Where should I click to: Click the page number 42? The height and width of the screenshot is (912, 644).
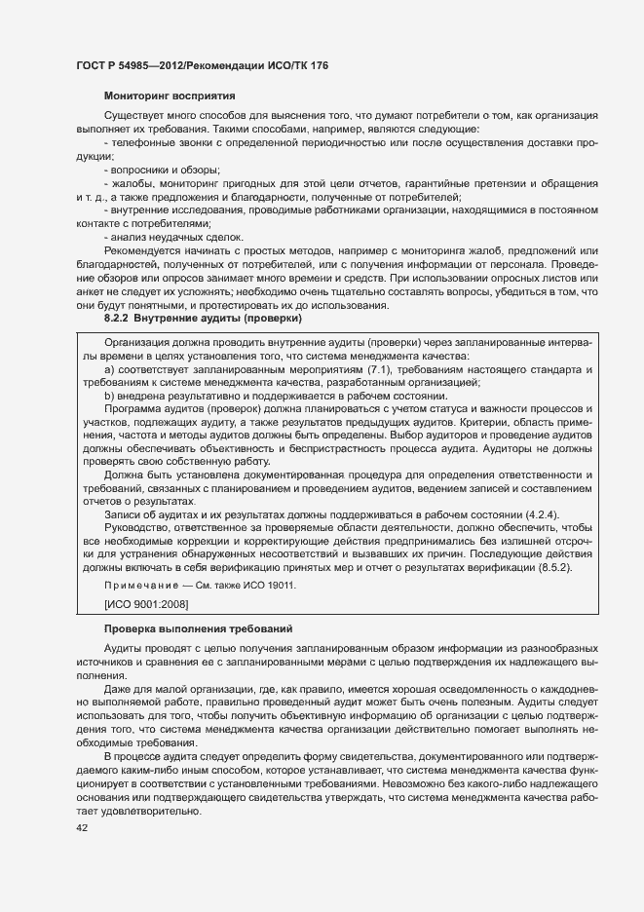[x=68, y=828]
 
